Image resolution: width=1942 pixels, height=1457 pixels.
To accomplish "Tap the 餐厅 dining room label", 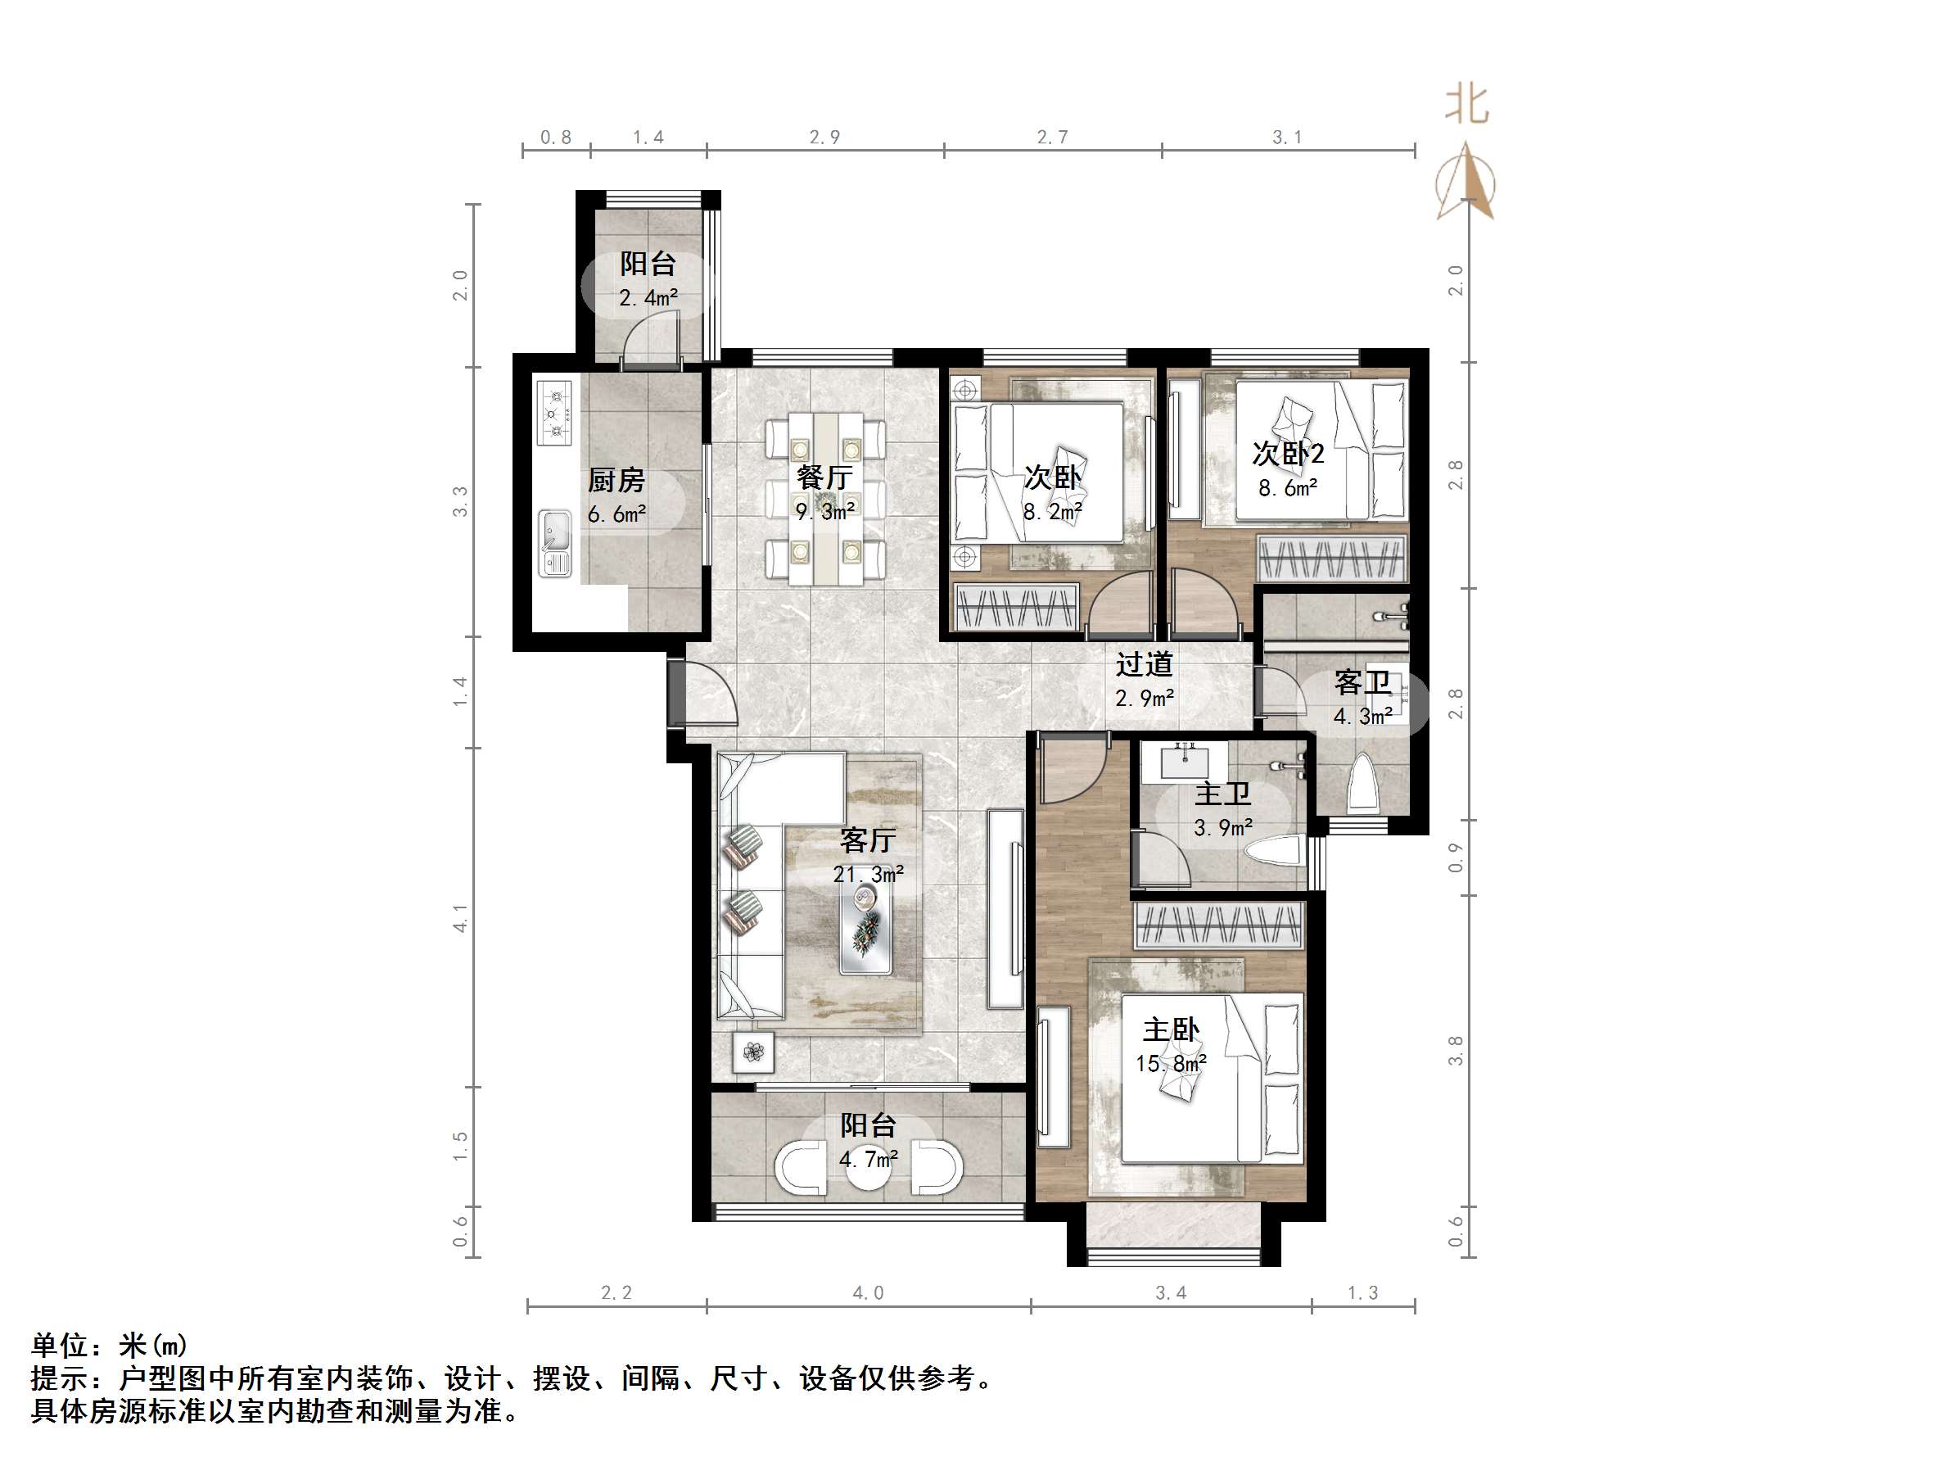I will (824, 477).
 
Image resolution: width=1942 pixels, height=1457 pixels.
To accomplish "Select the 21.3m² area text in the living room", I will (867, 875).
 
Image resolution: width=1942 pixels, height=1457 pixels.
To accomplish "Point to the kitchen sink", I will (555, 543).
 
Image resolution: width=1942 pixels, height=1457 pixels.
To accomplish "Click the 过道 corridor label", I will (1144, 665).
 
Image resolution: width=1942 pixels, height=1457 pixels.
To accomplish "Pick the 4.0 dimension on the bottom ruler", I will (867, 1292).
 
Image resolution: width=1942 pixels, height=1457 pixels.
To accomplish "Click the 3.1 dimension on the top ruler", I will (1287, 138).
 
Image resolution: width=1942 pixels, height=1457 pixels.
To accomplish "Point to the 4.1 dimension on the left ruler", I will (461, 918).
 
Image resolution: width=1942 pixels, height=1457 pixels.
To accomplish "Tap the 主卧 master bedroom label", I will (1170, 1029).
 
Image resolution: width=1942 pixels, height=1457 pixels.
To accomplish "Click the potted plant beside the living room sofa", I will (753, 1052).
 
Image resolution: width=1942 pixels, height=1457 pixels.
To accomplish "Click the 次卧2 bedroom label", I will (1287, 454).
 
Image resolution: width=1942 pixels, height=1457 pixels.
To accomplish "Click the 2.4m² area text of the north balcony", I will (648, 299).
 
